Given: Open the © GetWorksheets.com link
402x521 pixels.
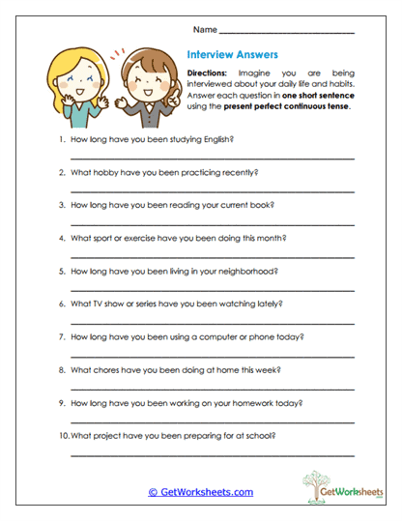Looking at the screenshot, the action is click(x=200, y=492).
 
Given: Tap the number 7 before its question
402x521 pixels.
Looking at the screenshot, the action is click(x=62, y=337).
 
